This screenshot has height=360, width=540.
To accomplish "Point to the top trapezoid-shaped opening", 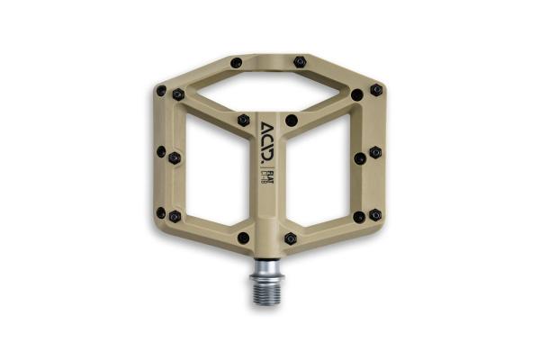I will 266,89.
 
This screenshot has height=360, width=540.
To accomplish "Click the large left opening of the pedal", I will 213,171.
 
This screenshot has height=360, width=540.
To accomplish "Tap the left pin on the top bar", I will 236,63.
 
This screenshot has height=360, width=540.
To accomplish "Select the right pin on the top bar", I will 300,62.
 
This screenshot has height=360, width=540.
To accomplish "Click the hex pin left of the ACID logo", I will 243,120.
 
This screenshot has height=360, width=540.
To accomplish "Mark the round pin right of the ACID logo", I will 291,120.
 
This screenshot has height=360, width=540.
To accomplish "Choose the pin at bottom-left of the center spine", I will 243,238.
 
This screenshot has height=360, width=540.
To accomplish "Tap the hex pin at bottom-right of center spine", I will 290,238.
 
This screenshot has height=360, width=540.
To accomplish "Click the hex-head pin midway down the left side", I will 175,157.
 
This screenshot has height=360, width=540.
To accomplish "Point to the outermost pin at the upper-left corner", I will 161,91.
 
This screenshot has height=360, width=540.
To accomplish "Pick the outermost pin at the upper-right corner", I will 376,90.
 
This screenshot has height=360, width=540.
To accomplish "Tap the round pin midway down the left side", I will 161,152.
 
